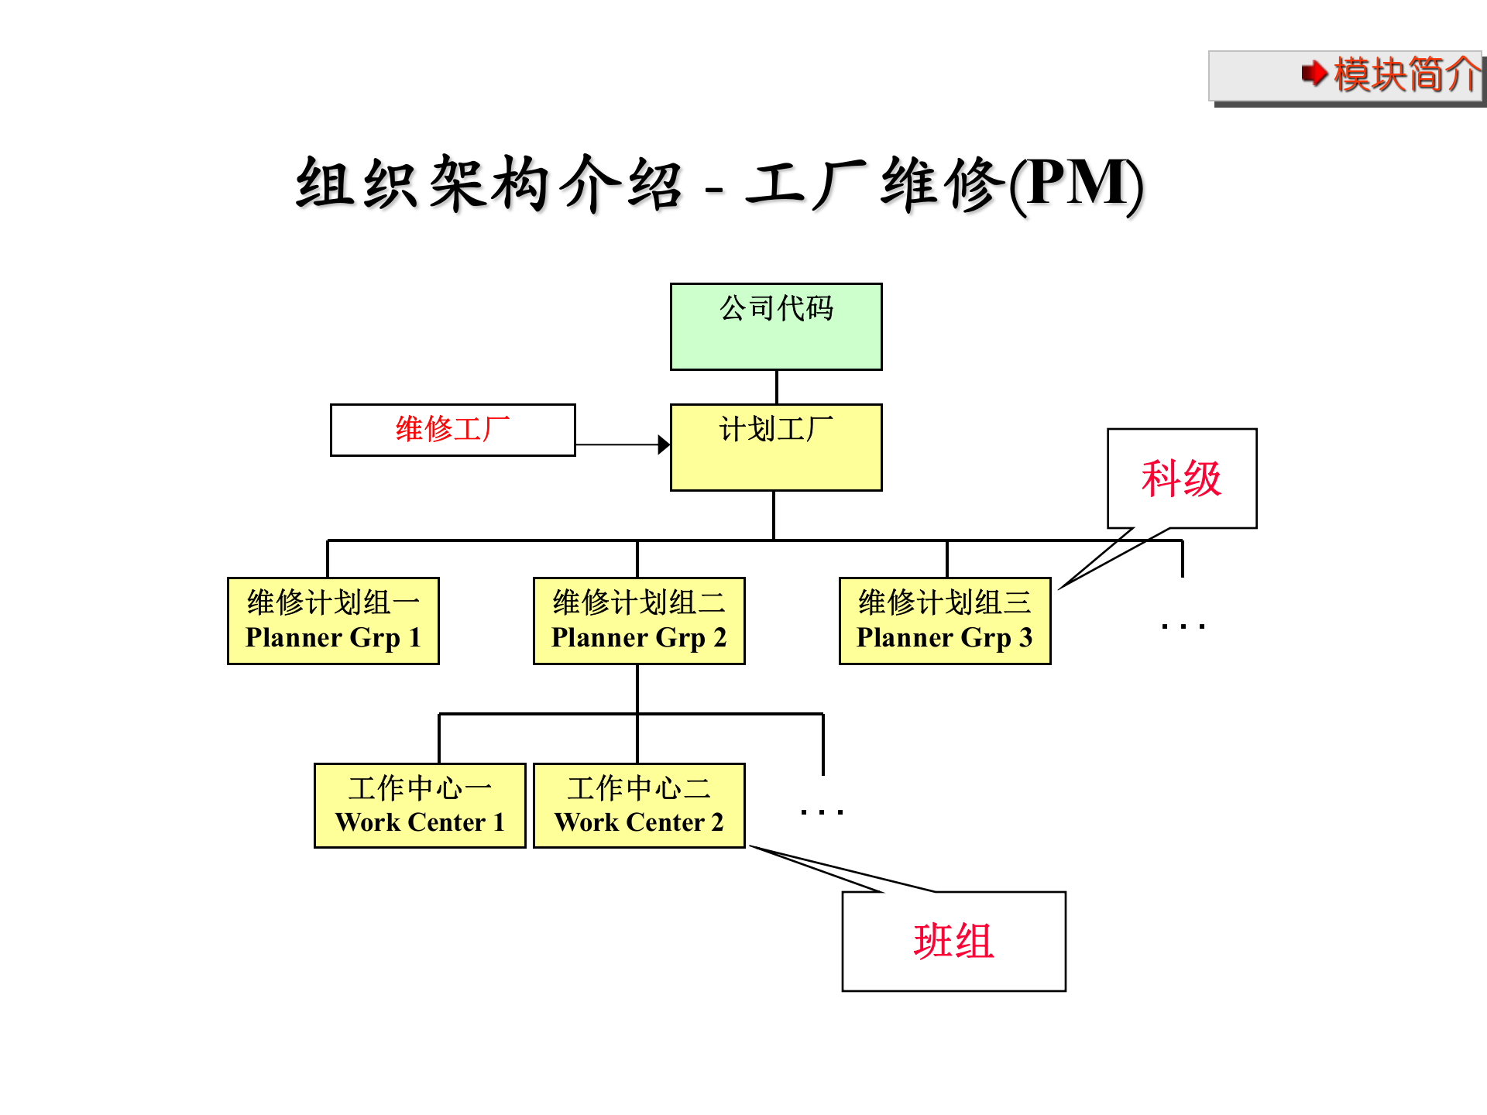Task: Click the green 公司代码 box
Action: [x=776, y=326]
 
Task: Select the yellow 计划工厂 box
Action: [x=776, y=447]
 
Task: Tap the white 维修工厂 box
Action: [x=452, y=430]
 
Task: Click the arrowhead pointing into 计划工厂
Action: [x=664, y=444]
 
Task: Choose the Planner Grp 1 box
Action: [x=333, y=620]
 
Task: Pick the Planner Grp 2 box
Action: [x=639, y=620]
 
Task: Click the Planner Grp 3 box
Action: [x=945, y=620]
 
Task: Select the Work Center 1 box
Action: [x=420, y=805]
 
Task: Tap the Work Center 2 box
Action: [x=639, y=805]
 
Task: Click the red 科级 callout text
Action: [x=1181, y=479]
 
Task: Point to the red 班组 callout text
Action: [x=953, y=942]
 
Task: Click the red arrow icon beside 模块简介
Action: [x=1314, y=74]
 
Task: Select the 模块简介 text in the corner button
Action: [x=1406, y=74]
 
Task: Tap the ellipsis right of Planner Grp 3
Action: [x=1183, y=626]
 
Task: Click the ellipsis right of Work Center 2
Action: [x=822, y=811]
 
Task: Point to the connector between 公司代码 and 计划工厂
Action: [x=776, y=386]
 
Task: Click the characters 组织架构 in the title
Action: [x=422, y=184]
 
